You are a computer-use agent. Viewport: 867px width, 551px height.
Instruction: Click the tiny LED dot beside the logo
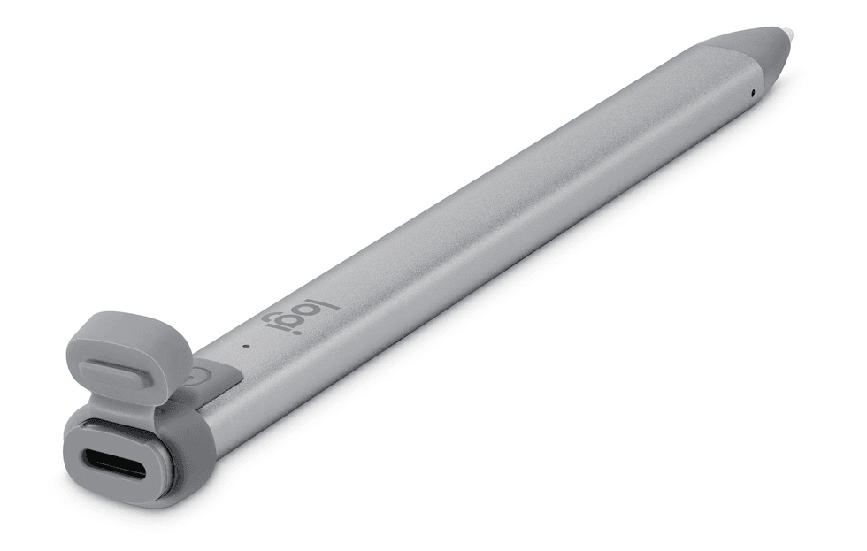[x=245, y=345]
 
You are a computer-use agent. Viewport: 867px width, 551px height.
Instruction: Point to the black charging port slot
[x=112, y=463]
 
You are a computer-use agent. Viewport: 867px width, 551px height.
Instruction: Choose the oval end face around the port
[x=114, y=463]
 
